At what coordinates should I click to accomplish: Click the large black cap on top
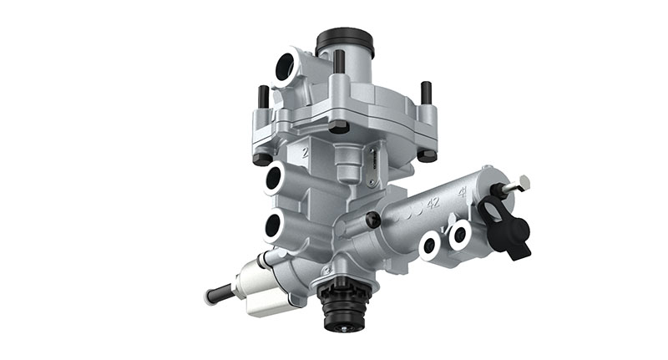click(x=344, y=39)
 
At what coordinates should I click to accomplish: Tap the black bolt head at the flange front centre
click(x=338, y=126)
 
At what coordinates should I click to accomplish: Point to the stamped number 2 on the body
click(x=306, y=153)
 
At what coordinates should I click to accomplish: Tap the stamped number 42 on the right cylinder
click(x=433, y=202)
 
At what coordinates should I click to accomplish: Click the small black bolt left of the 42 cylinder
click(x=373, y=219)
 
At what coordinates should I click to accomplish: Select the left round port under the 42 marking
click(x=430, y=244)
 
